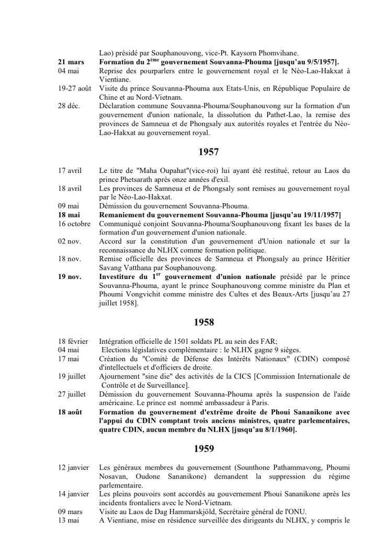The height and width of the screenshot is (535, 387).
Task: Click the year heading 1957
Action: point(208,153)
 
